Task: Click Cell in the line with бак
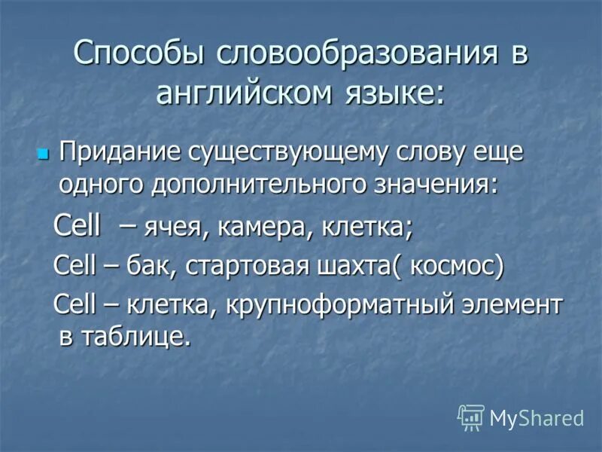pyautogui.click(x=75, y=266)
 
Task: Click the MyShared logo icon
pyautogui.click(x=470, y=417)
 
